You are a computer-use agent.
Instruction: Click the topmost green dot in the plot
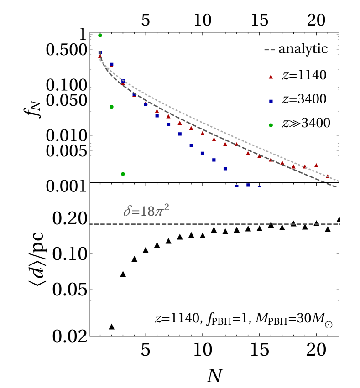[100, 35]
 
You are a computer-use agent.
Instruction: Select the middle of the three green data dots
[111, 107]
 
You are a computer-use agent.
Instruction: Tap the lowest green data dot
[123, 174]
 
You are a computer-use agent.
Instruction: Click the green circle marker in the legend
[271, 125]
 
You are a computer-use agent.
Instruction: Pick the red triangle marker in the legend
[271, 77]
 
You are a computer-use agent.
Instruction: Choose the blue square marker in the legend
[271, 101]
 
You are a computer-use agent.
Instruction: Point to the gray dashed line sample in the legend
[270, 50]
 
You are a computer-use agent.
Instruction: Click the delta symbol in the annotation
[127, 212]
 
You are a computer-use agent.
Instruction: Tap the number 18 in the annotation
[147, 212]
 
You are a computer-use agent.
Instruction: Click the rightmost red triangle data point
[327, 176]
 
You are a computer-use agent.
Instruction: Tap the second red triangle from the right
[316, 166]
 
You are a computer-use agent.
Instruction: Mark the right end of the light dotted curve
[338, 181]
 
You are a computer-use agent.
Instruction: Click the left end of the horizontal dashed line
[90, 224]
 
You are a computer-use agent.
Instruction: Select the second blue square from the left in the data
[111, 65]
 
